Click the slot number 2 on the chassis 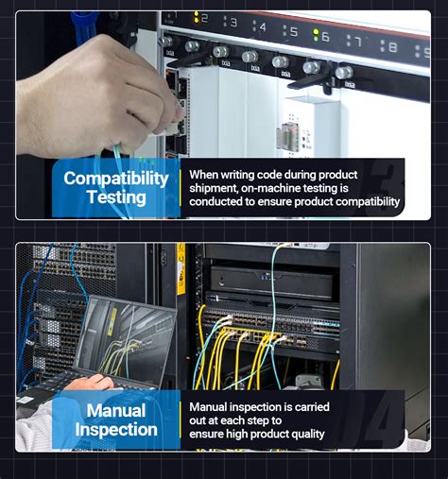click(x=205, y=18)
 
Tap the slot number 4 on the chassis click(x=263, y=27)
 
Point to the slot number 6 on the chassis click(x=325, y=37)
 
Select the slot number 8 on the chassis click(x=392, y=47)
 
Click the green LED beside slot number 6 click(x=316, y=35)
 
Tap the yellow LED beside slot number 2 click(x=196, y=17)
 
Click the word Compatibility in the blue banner click(x=116, y=179)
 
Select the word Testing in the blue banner click(x=116, y=197)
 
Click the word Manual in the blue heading click(x=116, y=411)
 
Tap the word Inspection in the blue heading click(x=116, y=430)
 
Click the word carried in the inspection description click(x=312, y=407)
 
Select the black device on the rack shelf click(x=271, y=282)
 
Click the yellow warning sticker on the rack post click(x=181, y=268)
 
